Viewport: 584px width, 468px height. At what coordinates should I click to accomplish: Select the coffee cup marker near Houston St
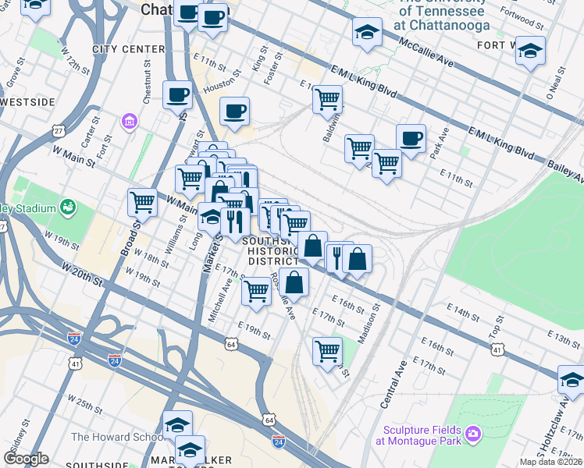coord(234,112)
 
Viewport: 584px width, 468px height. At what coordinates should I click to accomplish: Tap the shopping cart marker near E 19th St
coord(257,292)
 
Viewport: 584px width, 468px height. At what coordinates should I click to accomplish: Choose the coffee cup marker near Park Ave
coord(411,139)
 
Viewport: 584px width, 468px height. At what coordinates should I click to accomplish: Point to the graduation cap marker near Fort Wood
coord(531,51)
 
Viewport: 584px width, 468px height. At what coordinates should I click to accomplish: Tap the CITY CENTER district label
coord(129,49)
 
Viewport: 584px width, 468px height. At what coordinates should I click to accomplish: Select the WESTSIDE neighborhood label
coord(28,102)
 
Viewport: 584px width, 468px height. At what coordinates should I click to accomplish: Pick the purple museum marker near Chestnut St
coord(129,122)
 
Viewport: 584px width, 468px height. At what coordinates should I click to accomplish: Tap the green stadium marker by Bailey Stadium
coord(68,207)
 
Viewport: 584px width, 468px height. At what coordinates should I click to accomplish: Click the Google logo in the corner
coord(26,459)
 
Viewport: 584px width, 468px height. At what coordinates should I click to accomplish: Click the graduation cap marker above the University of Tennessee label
coord(367,32)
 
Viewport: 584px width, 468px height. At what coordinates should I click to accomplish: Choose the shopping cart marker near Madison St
coord(327,350)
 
